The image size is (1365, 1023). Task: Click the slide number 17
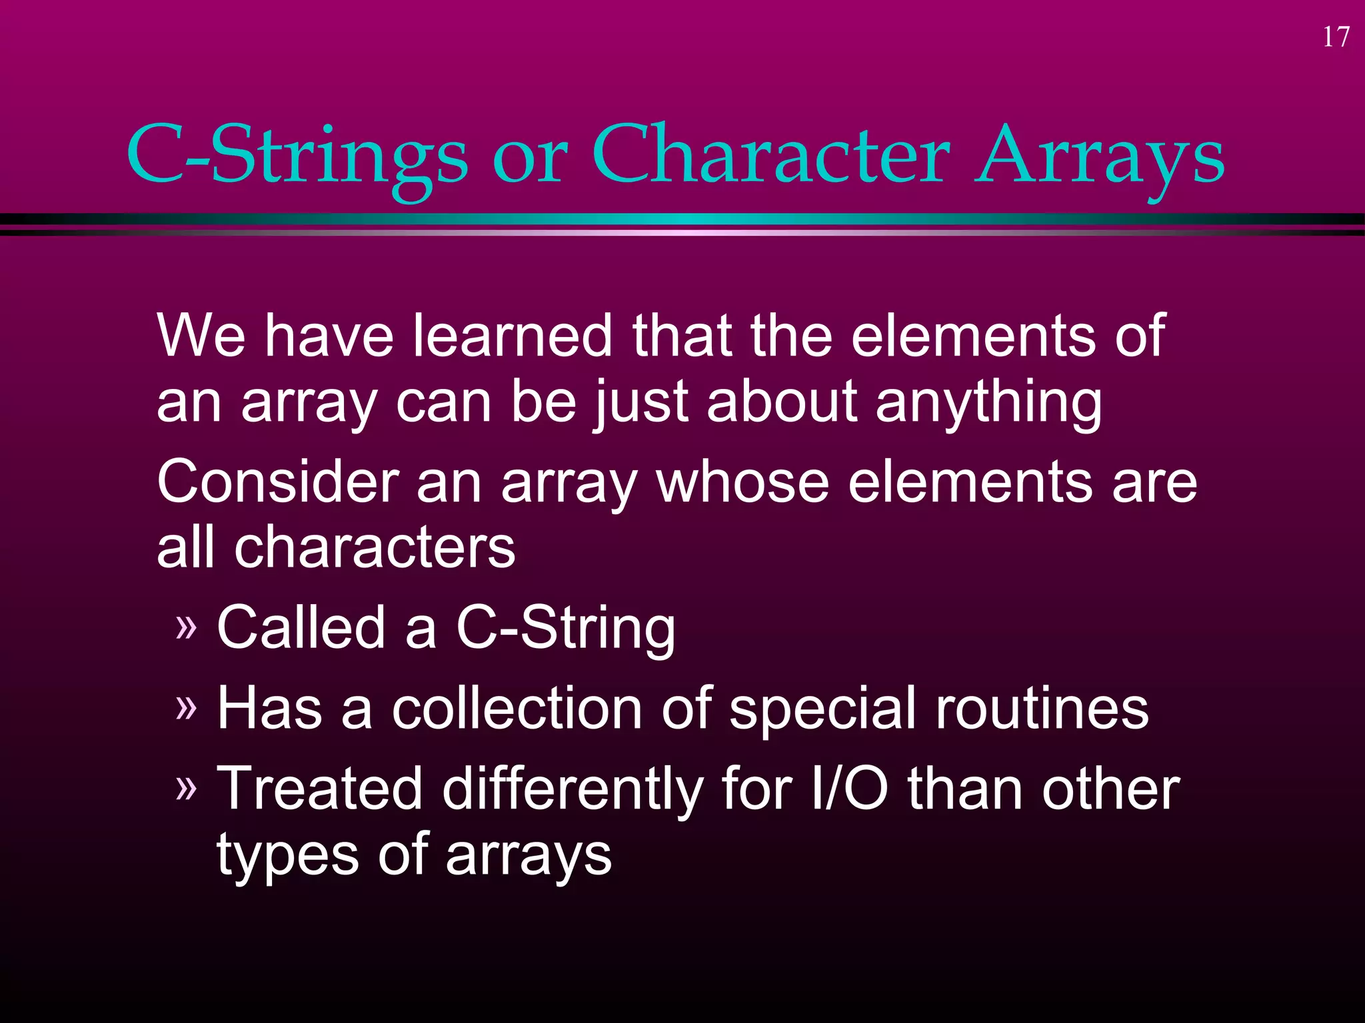click(1336, 37)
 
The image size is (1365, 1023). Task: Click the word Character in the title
click(770, 156)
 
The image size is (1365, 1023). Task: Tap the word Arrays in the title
click(1100, 156)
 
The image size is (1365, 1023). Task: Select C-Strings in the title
click(297, 156)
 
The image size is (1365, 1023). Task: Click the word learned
click(512, 336)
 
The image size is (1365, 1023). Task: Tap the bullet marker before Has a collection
click(187, 707)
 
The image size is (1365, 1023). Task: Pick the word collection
click(517, 709)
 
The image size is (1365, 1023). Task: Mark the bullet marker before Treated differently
click(187, 789)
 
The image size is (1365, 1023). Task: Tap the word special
click(822, 709)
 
